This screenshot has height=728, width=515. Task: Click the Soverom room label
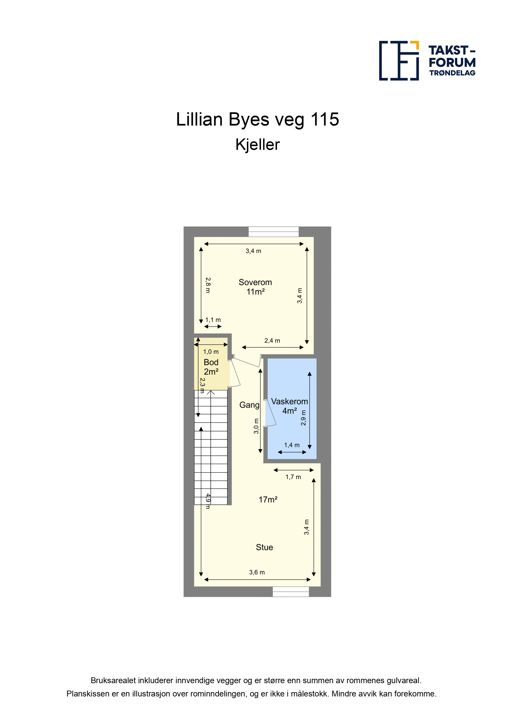point(255,282)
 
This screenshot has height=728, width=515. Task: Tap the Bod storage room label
point(211,362)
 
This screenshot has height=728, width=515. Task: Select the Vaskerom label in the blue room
point(289,401)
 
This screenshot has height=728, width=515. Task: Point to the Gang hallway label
point(249,405)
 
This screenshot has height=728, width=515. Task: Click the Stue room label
point(264,547)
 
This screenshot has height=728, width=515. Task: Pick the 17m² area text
point(268,500)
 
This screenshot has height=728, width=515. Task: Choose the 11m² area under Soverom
point(255,292)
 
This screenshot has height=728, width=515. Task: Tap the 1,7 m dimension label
point(293,477)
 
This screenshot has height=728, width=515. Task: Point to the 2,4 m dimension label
point(272,341)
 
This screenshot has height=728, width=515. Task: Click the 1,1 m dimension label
point(213,320)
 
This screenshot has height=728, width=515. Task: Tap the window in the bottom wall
point(291,591)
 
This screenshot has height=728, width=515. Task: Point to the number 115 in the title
point(325,120)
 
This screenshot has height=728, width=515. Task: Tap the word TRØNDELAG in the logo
point(452,73)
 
